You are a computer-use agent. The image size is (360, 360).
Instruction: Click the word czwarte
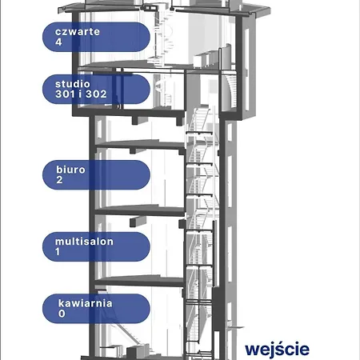click(78, 32)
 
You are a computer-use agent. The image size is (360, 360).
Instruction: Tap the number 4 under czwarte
click(58, 42)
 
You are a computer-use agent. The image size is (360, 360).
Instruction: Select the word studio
click(73, 84)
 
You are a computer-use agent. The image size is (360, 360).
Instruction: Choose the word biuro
click(70, 170)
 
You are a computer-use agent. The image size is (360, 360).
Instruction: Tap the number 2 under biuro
click(59, 180)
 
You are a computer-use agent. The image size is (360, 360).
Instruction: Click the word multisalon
click(84, 242)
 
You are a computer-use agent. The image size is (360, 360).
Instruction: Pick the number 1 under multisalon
click(58, 251)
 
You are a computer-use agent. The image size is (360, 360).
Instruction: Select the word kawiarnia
click(85, 303)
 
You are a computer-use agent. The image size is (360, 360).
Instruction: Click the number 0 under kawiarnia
click(62, 314)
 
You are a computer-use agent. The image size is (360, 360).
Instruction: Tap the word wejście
click(277, 350)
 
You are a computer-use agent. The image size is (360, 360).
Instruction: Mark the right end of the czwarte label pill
click(150, 37)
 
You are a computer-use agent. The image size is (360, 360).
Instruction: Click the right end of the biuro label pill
click(150, 174)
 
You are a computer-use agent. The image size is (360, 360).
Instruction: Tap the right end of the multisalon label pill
click(150, 246)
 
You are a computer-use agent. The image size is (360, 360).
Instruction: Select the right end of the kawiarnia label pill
click(150, 309)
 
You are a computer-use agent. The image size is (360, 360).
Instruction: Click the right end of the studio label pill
click(150, 89)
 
